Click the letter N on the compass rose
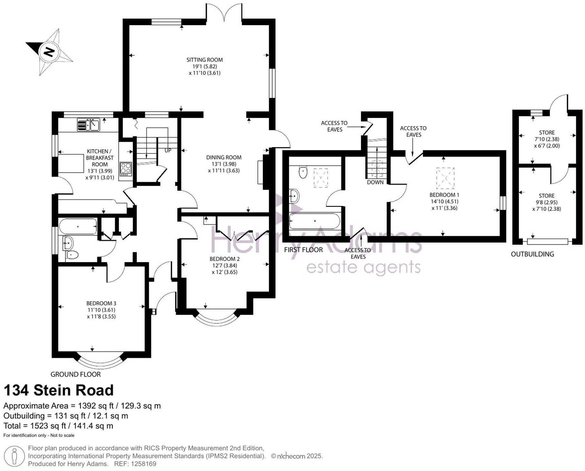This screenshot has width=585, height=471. [49, 52]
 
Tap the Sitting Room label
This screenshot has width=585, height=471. [205, 60]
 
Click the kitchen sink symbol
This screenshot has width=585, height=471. [89, 125]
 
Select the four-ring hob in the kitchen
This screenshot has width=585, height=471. [126, 168]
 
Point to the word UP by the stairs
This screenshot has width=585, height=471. [168, 151]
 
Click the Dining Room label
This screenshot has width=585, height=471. [224, 157]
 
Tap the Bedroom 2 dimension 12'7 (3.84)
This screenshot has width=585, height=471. [224, 265]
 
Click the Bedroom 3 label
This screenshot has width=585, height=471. [101, 303]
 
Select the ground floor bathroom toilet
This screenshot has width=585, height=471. [72, 255]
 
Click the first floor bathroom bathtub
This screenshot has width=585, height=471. [314, 221]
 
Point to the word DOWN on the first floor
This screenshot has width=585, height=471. [375, 182]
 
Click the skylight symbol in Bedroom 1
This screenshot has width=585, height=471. [445, 178]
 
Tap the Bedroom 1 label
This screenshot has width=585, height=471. [444, 195]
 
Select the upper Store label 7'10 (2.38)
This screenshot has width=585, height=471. [547, 139]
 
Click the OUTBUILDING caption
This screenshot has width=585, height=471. [532, 254]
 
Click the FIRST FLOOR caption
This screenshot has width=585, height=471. [303, 250]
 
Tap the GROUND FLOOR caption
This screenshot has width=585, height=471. [75, 374]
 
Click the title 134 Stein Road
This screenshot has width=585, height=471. [58, 390]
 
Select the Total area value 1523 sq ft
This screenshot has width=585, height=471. [48, 426]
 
